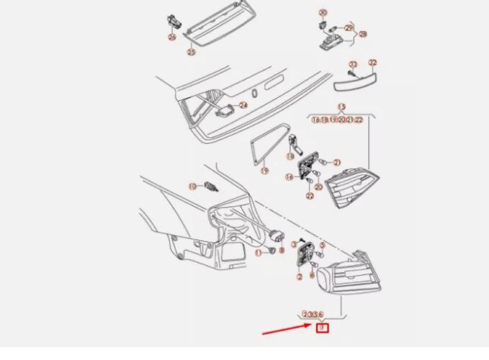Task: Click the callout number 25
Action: pos(191,52)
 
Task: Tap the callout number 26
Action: pos(171,37)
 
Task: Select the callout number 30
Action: pos(323,13)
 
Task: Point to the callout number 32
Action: pos(372,63)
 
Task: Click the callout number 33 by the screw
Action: pos(353,65)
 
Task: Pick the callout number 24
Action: pos(243,105)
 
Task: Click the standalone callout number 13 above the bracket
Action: pos(341,107)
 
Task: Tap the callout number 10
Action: pos(192,186)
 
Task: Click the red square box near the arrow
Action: pos(322,328)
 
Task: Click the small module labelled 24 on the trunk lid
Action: pos(226,112)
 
